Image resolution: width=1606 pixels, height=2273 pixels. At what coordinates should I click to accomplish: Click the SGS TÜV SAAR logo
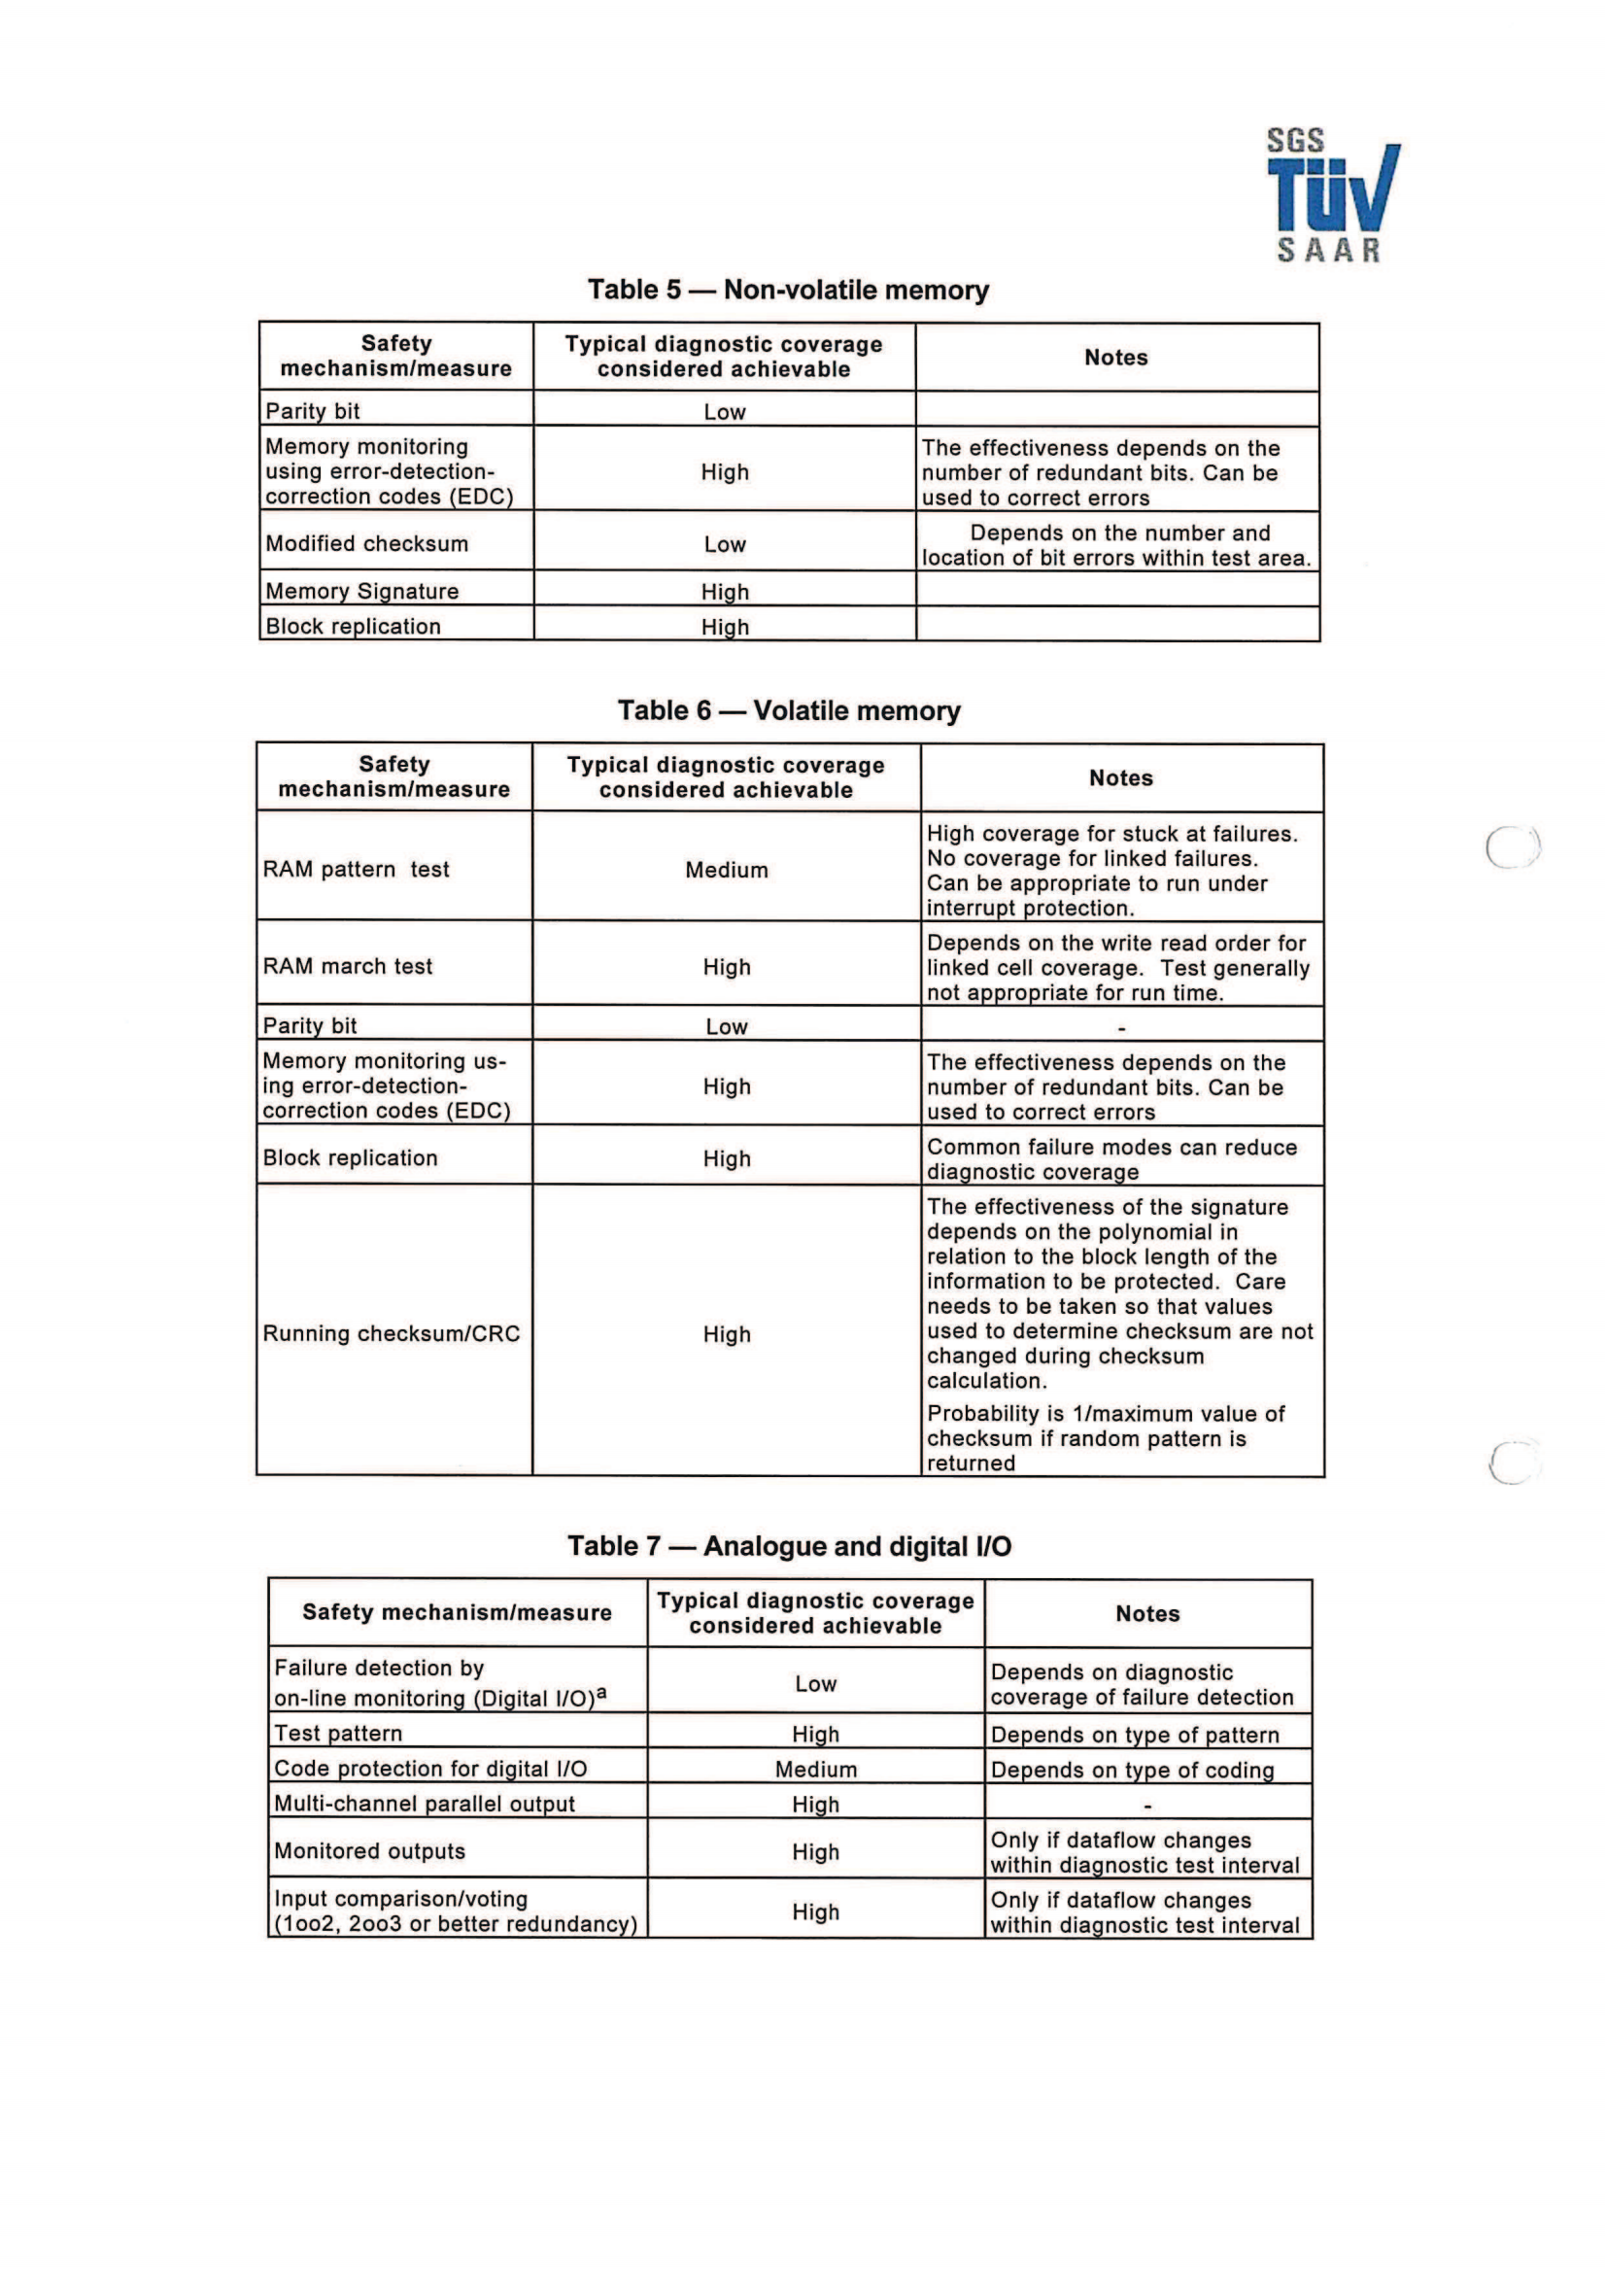pyautogui.click(x=1332, y=196)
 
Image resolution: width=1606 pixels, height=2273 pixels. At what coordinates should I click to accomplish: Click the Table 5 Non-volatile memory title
pyautogui.click(x=788, y=290)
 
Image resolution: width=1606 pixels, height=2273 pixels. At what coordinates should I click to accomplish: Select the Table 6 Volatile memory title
pyautogui.click(x=789, y=710)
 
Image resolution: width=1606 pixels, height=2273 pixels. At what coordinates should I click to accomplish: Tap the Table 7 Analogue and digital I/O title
pyautogui.click(x=789, y=1546)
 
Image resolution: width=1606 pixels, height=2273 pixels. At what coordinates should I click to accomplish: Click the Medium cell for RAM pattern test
pyautogui.click(x=727, y=870)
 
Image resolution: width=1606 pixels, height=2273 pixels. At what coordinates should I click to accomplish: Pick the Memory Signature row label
pyautogui.click(x=362, y=591)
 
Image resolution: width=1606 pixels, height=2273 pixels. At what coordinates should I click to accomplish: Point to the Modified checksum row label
pyautogui.click(x=366, y=543)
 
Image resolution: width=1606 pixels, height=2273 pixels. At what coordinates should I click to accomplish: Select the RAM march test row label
pyautogui.click(x=347, y=966)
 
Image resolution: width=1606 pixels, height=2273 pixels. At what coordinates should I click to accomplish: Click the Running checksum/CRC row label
pyautogui.click(x=391, y=1333)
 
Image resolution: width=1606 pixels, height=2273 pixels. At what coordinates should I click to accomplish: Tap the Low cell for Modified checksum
pyautogui.click(x=725, y=544)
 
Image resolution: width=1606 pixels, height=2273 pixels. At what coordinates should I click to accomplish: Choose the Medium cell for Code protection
pyautogui.click(x=815, y=1769)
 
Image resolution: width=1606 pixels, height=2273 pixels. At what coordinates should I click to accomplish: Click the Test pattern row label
pyautogui.click(x=338, y=1734)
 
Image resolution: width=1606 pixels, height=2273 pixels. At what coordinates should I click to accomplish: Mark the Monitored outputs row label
pyautogui.click(x=369, y=1851)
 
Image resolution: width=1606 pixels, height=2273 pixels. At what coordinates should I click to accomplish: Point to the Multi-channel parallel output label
pyautogui.click(x=425, y=1804)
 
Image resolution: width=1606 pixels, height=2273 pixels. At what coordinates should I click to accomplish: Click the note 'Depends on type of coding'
pyautogui.click(x=1132, y=1770)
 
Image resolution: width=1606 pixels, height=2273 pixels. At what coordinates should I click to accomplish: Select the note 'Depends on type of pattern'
pyautogui.click(x=1134, y=1735)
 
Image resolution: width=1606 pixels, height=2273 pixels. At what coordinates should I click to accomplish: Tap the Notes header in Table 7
pyautogui.click(x=1147, y=1614)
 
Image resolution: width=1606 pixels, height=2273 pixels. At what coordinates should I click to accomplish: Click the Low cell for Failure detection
pyautogui.click(x=815, y=1684)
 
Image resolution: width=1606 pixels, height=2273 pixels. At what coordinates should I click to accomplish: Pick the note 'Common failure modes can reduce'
pyautogui.click(x=1111, y=1148)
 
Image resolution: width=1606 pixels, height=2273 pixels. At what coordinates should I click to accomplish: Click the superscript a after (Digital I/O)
pyautogui.click(x=601, y=1694)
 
